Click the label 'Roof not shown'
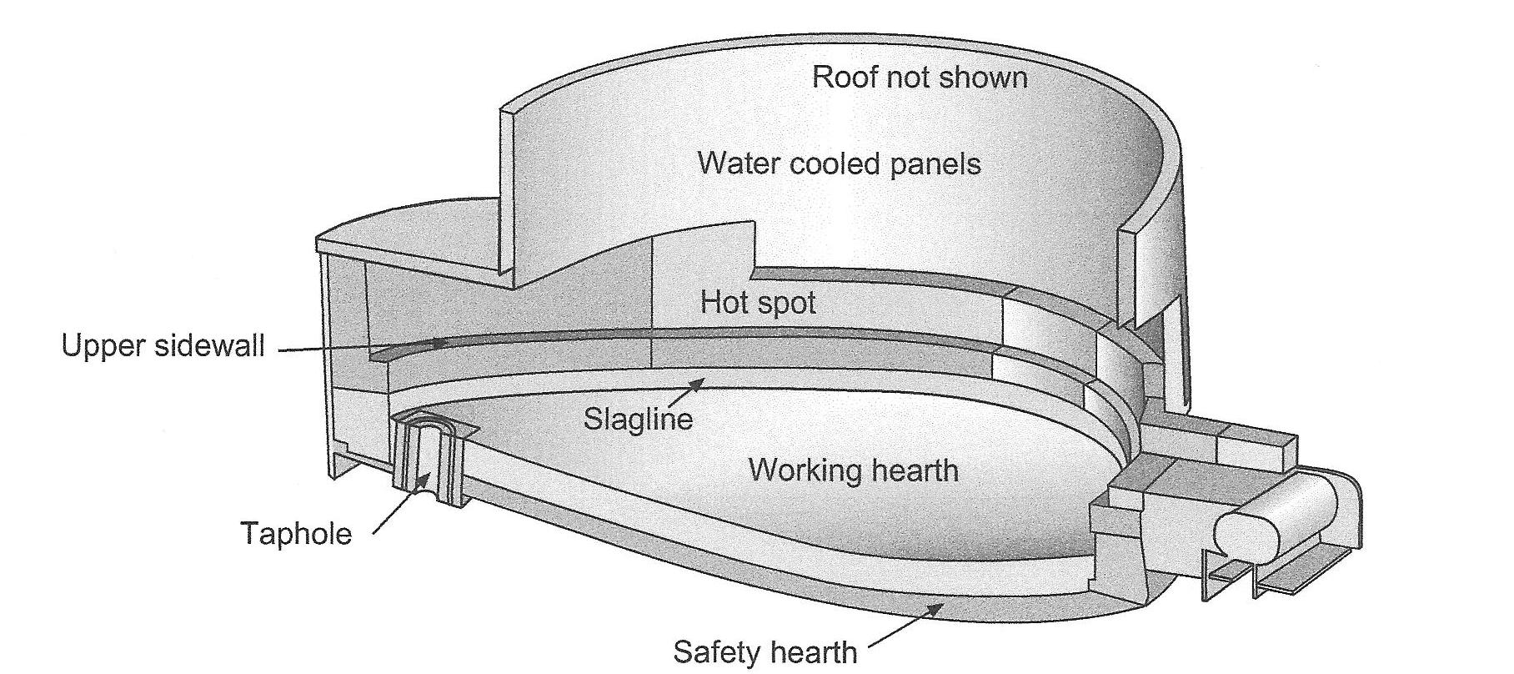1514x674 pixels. point(920,78)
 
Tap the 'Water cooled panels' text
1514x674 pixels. point(839,163)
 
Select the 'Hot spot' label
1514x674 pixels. point(758,302)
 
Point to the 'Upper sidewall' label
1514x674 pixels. point(163,345)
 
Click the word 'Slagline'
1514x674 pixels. point(638,418)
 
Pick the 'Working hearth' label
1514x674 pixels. point(854,470)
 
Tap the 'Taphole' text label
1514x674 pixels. point(296,533)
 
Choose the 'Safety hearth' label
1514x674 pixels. point(765,651)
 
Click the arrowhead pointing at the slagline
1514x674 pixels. point(699,382)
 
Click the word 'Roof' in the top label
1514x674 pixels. point(843,78)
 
